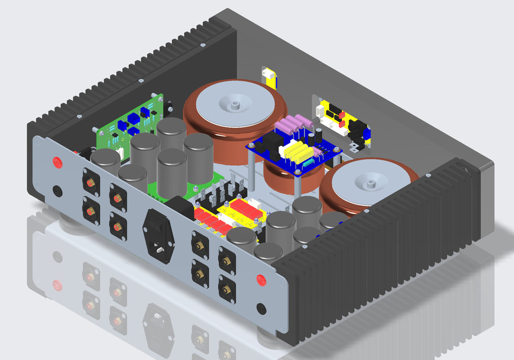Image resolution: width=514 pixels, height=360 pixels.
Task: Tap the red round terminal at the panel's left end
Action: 57,163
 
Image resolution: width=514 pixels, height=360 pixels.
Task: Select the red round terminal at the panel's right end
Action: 261,280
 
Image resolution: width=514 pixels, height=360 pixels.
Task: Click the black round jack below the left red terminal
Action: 57,191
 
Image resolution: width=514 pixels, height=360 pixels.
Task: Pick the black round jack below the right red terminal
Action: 261,308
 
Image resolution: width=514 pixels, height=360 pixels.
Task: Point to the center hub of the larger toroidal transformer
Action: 235,105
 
